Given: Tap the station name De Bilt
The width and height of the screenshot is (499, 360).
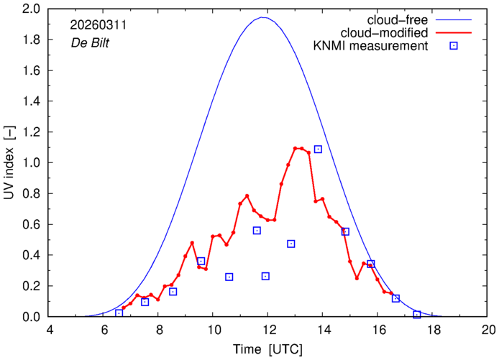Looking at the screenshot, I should (x=90, y=41).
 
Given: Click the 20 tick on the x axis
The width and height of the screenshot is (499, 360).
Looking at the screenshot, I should (x=488, y=331).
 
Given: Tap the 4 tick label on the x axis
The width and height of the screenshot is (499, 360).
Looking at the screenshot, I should (x=49, y=331).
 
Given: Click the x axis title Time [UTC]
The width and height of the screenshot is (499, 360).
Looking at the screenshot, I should (x=268, y=350).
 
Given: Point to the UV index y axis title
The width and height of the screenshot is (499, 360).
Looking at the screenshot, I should (x=9, y=162).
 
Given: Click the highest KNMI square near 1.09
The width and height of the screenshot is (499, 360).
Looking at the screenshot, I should (x=318, y=149).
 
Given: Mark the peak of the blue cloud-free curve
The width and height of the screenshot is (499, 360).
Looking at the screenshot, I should (x=264, y=17).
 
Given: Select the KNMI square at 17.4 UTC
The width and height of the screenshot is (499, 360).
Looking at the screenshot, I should (x=417, y=315).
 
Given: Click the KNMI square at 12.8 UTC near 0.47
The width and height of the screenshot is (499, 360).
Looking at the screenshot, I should (x=290, y=244).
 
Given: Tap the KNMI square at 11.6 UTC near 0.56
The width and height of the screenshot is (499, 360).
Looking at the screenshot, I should (x=257, y=231).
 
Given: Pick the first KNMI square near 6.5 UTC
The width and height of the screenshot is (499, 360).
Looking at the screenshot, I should (x=119, y=313).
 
